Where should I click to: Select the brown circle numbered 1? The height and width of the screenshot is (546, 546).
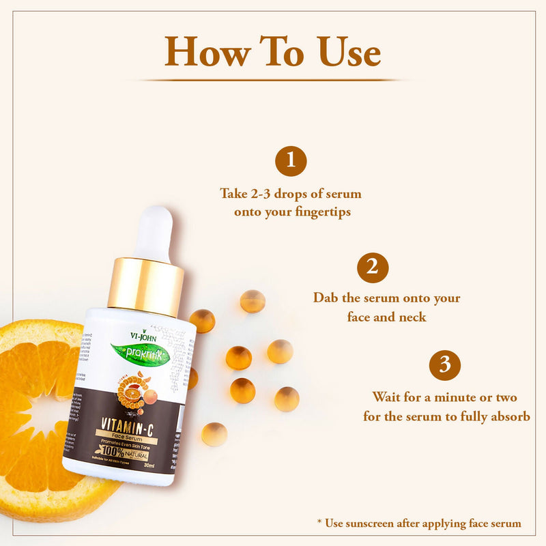tap(291, 161)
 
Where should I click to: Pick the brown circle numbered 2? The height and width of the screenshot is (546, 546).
tap(373, 267)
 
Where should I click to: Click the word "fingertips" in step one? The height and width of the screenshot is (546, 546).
tap(321, 212)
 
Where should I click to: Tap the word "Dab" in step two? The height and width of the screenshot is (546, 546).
tap(326, 298)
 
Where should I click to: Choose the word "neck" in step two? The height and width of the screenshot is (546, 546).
tap(412, 317)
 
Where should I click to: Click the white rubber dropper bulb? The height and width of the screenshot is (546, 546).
tap(154, 232)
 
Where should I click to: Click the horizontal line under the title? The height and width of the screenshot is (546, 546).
tap(273, 81)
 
